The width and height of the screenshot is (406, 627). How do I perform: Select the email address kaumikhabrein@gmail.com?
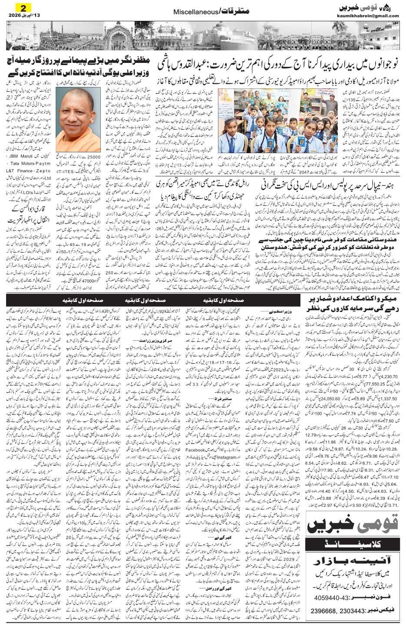368,16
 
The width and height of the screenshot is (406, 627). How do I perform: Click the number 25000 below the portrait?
93,156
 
